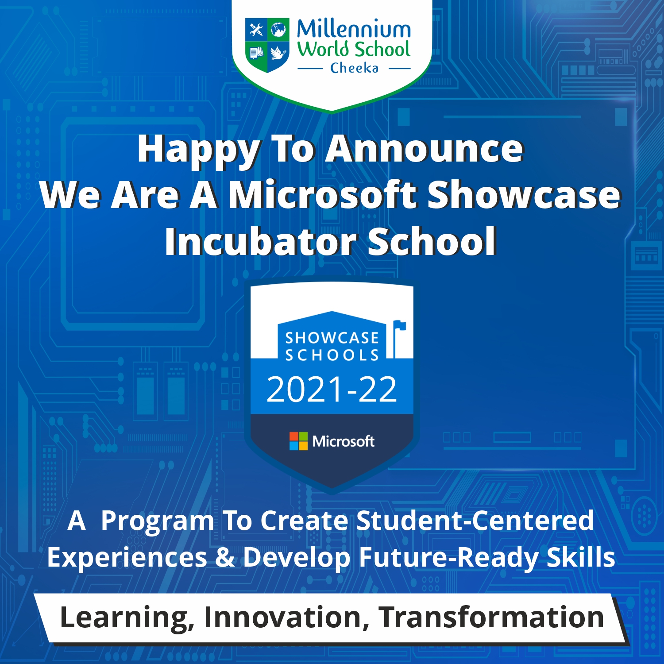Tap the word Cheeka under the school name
coord(354,68)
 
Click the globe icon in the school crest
coord(278,30)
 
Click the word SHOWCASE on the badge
coord(332,338)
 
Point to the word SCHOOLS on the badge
coord(332,355)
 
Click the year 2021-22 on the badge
coord(332,390)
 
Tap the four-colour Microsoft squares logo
coord(298,441)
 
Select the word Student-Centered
coord(475,521)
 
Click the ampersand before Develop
coord(225,557)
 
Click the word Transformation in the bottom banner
coord(491,617)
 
